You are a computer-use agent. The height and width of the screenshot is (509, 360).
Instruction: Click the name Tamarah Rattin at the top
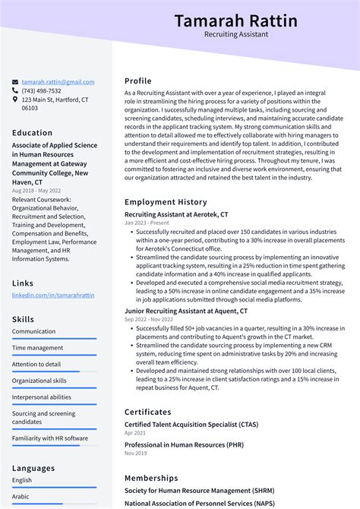point(235,21)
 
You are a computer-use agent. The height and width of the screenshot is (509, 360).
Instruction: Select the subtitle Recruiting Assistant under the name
point(235,34)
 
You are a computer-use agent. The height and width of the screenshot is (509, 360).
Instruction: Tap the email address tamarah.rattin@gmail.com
point(58,82)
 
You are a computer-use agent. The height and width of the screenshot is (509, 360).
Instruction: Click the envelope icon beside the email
point(15,82)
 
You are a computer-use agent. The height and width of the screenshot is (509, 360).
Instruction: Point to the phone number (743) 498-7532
point(42,91)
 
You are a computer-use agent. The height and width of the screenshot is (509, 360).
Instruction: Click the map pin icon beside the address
point(15,100)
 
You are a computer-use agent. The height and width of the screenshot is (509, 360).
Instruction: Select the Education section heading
point(32,133)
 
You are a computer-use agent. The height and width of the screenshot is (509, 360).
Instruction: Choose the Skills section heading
point(23,319)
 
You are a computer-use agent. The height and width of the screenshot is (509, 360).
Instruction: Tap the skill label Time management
point(37,348)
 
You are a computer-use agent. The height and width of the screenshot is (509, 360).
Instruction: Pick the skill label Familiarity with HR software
point(50,438)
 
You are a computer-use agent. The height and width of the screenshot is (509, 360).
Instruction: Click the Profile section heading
point(138,81)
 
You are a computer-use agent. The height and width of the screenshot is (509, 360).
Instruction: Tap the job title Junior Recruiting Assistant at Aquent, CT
point(186,311)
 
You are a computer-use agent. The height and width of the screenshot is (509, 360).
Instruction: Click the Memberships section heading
point(151,478)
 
